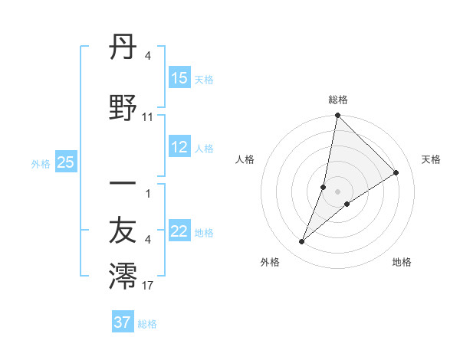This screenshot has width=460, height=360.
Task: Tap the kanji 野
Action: pyautogui.click(x=123, y=108)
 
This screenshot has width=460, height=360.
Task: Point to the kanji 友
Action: pyautogui.click(x=123, y=231)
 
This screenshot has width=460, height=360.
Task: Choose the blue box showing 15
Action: pyautogui.click(x=179, y=78)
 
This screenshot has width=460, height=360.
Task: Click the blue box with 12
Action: pyautogui.click(x=179, y=148)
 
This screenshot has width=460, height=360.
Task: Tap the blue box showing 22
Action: pyautogui.click(x=179, y=232)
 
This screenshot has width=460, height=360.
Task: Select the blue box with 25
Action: pyautogui.click(x=65, y=162)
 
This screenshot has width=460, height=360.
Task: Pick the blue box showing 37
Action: pyautogui.click(x=123, y=322)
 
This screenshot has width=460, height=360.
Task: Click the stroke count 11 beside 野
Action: pyautogui.click(x=148, y=117)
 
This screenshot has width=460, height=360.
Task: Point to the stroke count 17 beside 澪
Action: pyautogui.click(x=148, y=286)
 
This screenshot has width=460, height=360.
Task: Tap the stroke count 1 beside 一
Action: pyautogui.click(x=147, y=193)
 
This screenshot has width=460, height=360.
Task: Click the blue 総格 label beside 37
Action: pyautogui.click(x=147, y=324)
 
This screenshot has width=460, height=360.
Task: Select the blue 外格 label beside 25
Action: pyautogui.click(x=41, y=163)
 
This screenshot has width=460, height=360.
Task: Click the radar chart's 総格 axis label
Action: pyautogui.click(x=338, y=100)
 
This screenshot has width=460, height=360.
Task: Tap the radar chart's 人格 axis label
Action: pyautogui.click(x=245, y=159)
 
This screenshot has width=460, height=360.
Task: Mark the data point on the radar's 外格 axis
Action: pyautogui.click(x=302, y=242)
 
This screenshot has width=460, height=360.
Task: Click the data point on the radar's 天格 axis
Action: pyautogui.click(x=396, y=173)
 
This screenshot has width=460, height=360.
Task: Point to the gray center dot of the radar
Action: pyautogui.click(x=338, y=191)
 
